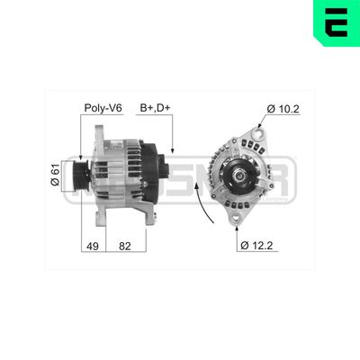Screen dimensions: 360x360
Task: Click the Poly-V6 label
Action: click(x=103, y=109)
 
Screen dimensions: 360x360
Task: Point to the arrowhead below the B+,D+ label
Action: click(x=170, y=148)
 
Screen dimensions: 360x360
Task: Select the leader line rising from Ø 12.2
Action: click(x=240, y=230)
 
